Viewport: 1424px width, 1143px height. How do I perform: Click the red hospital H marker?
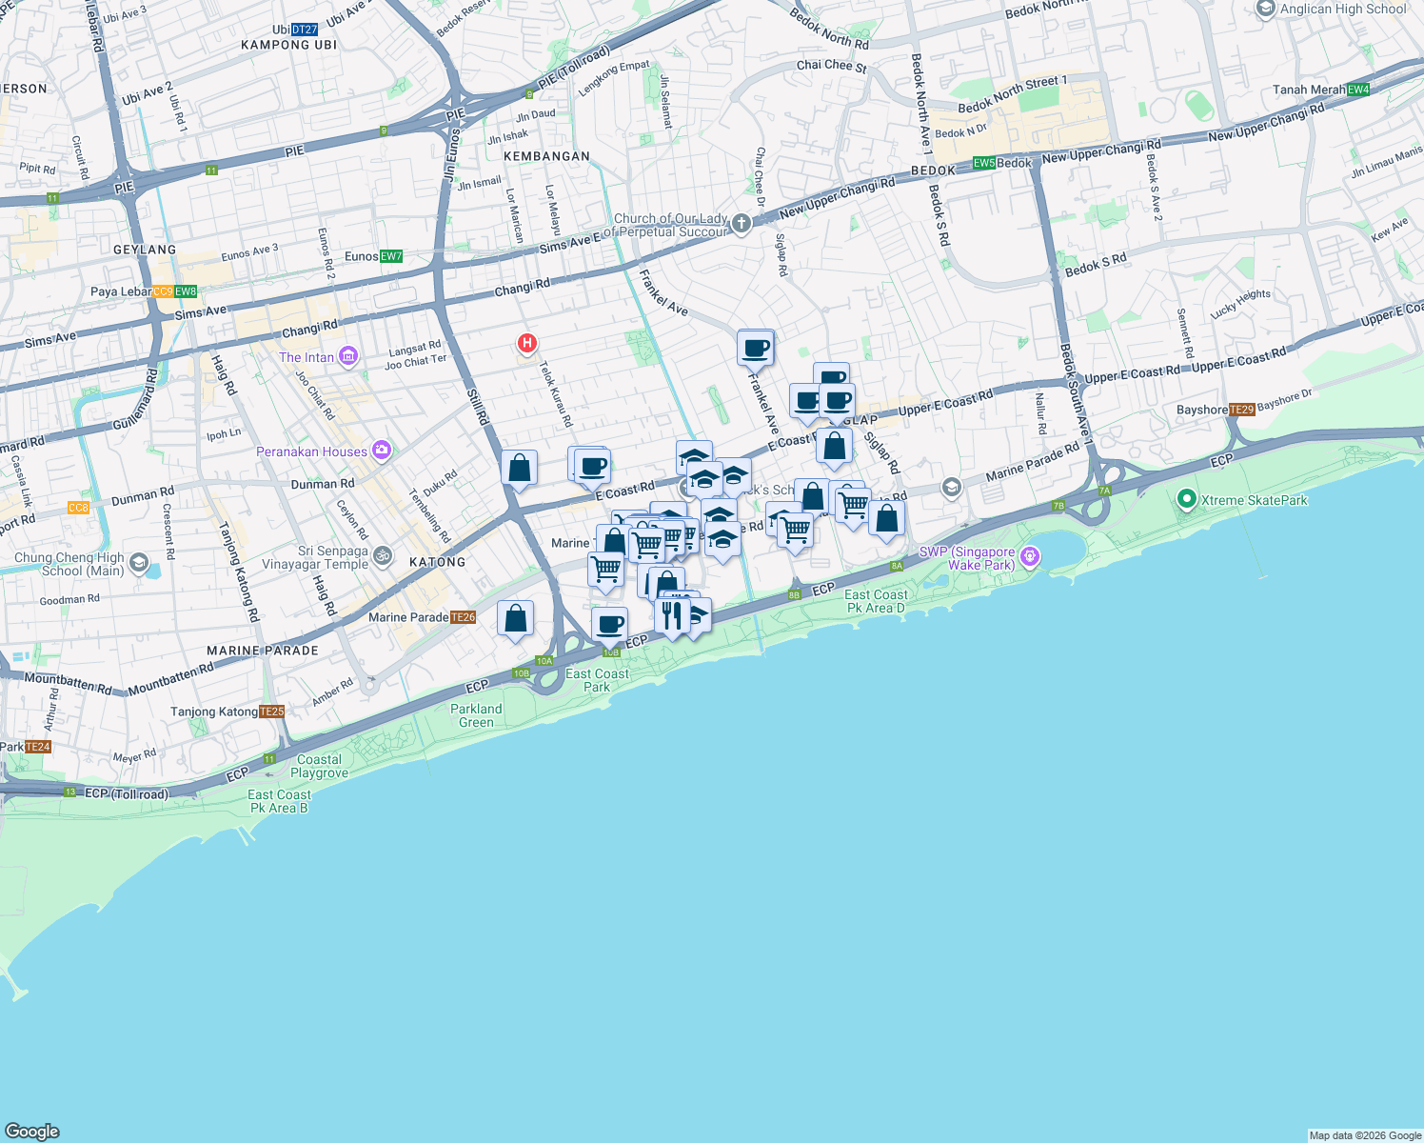click(526, 343)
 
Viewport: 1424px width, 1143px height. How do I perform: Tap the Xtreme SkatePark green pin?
click(1186, 499)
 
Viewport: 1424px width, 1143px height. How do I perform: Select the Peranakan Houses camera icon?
click(382, 451)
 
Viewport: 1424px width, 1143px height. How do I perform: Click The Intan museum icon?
click(347, 357)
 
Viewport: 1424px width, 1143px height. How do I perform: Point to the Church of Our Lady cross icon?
click(742, 224)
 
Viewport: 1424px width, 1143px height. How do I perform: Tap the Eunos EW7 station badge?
click(391, 256)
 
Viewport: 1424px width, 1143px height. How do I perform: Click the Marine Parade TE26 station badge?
click(463, 617)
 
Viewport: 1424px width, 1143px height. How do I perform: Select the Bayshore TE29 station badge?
click(1241, 410)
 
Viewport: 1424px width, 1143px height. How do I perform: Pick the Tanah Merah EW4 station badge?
click(1358, 90)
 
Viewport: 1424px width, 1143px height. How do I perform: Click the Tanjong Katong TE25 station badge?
click(271, 712)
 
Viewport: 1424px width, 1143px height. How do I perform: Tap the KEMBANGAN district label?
click(546, 156)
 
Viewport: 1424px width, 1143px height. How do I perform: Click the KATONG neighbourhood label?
click(438, 562)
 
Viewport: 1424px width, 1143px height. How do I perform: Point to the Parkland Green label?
click(476, 715)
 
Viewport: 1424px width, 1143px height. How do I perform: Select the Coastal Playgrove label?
click(319, 766)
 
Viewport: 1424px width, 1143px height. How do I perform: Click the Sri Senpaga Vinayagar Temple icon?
click(382, 554)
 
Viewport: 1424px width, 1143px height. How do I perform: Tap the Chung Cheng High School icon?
click(138, 563)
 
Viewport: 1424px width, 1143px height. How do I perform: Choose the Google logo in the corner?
click(32, 1131)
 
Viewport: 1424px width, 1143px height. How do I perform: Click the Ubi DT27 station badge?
click(305, 30)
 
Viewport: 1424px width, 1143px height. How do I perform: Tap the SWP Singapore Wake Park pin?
click(1029, 555)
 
